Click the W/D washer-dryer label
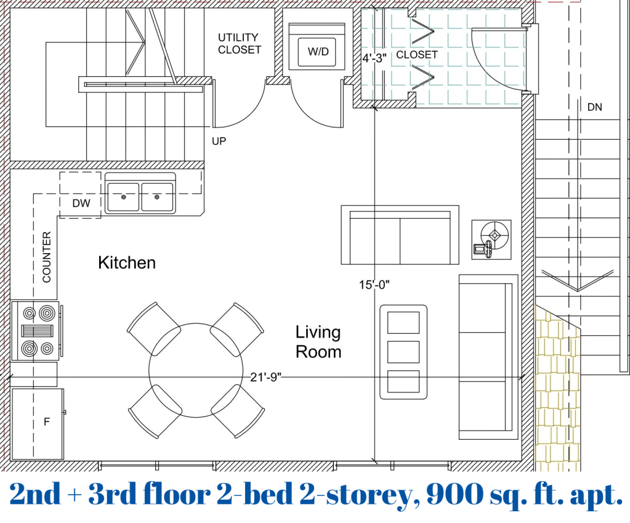[x=318, y=52]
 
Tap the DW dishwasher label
[x=81, y=203]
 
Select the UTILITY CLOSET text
[x=240, y=43]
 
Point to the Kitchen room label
[x=127, y=262]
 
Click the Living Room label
[x=318, y=342]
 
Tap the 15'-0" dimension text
[x=374, y=285]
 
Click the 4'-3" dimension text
[x=374, y=59]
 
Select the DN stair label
[x=595, y=107]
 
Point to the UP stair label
[x=219, y=141]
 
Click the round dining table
[x=196, y=370]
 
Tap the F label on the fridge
[x=47, y=422]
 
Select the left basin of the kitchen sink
[x=123, y=197]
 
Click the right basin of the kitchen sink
[x=157, y=197]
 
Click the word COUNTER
[x=47, y=257]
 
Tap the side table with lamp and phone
[x=491, y=240]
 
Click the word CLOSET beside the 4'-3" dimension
[x=417, y=55]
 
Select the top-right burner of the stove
[x=47, y=313]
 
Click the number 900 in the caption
[x=454, y=494]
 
